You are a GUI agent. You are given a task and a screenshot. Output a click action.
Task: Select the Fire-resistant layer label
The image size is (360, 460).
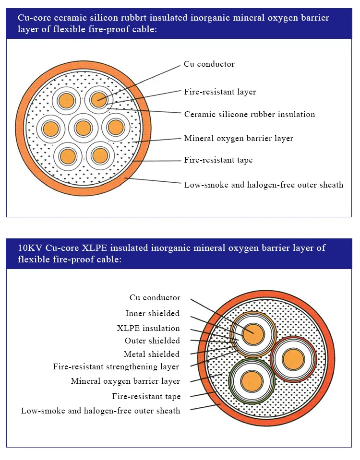point(220,92)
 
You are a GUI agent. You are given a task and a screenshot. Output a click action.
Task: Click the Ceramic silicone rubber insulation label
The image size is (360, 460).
point(250,114)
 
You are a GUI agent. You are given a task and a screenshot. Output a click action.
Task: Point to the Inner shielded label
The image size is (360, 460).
point(152,313)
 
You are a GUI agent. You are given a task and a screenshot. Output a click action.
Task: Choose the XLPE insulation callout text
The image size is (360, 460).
point(148,328)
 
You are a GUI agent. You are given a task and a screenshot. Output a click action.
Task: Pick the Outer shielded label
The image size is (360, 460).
point(152,341)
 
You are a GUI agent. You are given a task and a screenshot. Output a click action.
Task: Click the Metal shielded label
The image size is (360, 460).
point(152,354)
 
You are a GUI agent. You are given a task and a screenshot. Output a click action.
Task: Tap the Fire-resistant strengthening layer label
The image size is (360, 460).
point(116,367)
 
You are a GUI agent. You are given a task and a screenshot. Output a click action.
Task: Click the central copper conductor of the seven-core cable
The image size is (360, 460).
point(84,128)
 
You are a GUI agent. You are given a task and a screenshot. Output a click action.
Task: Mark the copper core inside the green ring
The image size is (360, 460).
point(252,381)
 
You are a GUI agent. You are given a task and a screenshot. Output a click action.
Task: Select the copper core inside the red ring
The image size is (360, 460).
point(293,359)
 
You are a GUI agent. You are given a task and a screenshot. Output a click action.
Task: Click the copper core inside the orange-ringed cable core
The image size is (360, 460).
point(253,334)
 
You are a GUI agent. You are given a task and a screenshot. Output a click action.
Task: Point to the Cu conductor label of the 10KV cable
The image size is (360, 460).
point(155,297)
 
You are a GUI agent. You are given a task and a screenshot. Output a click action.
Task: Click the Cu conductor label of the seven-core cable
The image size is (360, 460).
point(209,64)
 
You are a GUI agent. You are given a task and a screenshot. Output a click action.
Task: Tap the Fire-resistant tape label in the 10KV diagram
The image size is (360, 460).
point(146,396)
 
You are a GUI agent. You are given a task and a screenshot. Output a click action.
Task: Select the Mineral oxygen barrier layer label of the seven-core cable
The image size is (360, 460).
point(239,138)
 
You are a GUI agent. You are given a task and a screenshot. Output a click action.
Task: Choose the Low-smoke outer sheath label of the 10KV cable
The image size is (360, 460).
point(100,411)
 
